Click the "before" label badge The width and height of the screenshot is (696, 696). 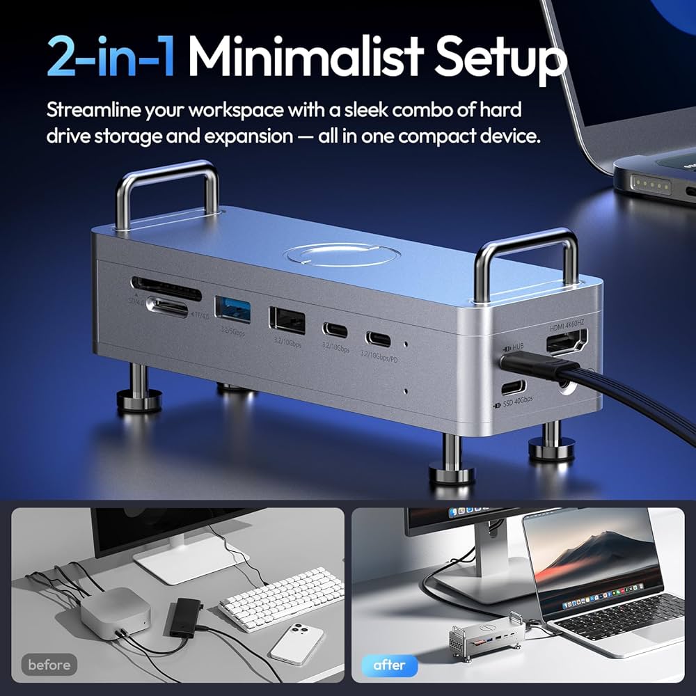point(49,665)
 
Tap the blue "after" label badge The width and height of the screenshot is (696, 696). point(389,665)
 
